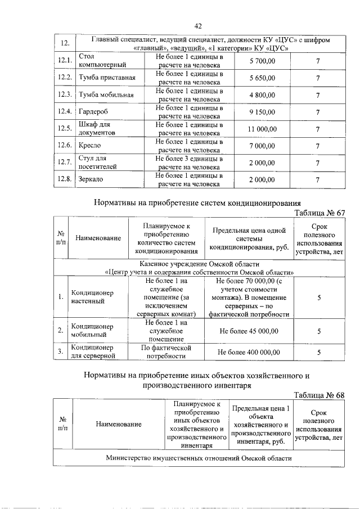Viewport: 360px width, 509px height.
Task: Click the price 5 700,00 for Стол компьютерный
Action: [262, 61]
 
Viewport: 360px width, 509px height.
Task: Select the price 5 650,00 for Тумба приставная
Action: [262, 78]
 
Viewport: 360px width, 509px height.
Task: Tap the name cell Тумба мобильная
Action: [106, 94]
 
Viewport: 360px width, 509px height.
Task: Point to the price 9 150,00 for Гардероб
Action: [262, 111]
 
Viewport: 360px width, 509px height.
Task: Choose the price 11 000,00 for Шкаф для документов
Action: [262, 129]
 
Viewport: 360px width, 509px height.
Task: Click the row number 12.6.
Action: [65, 146]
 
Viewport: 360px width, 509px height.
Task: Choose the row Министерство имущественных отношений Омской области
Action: [199, 458]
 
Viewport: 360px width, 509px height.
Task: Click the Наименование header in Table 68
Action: [118, 424]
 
